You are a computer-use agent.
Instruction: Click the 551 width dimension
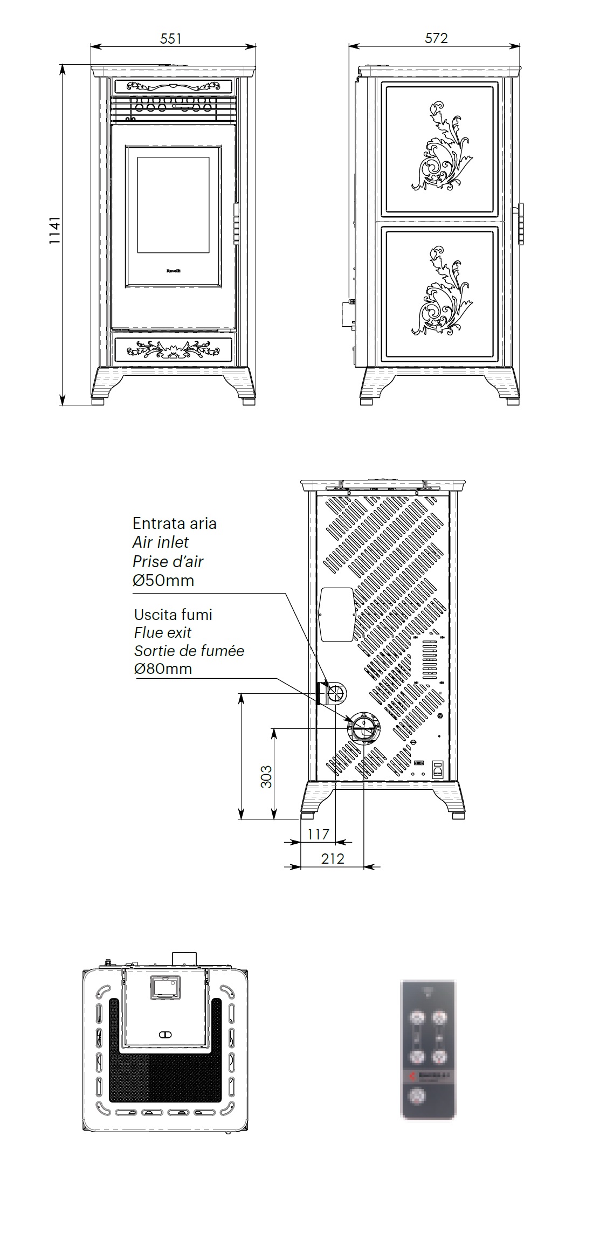click(x=171, y=38)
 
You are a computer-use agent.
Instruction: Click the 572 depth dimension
click(x=436, y=38)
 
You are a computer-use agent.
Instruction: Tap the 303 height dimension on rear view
click(x=266, y=776)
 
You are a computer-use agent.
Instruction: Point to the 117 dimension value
click(x=318, y=834)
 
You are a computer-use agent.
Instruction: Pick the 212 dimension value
click(x=333, y=858)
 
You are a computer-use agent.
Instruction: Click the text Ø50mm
click(x=163, y=581)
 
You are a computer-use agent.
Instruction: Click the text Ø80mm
click(x=163, y=669)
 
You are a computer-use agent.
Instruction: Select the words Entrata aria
click(x=174, y=523)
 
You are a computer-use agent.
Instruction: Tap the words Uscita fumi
click(x=173, y=615)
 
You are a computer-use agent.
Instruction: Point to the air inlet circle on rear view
click(x=336, y=692)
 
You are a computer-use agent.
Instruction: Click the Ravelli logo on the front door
click(x=173, y=271)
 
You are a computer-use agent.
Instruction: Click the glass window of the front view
click(x=173, y=205)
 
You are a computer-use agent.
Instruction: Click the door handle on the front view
click(x=236, y=224)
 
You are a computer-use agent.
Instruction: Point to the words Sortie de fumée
click(x=189, y=651)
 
